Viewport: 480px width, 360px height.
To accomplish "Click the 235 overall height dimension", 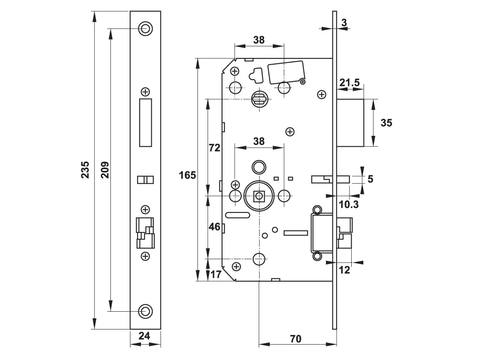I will [85, 170].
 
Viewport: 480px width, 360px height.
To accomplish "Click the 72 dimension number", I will [214, 148].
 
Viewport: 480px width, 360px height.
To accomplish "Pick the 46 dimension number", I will [214, 227].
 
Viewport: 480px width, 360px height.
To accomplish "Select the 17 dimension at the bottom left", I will [215, 275].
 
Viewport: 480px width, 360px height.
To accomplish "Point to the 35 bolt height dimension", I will [386, 122].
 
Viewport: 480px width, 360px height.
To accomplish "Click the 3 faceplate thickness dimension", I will [344, 23].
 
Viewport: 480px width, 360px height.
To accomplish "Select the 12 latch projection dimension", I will [344, 270].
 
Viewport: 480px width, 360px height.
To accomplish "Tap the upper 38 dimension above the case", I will [259, 40].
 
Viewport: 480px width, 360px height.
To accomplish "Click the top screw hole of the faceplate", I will [145, 28].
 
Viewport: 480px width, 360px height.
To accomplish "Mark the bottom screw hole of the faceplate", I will [145, 311].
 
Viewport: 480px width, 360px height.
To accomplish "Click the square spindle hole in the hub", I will [259, 195].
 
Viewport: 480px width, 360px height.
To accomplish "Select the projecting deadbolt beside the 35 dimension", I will [350, 122].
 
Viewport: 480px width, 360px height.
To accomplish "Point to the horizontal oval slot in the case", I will [237, 215].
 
